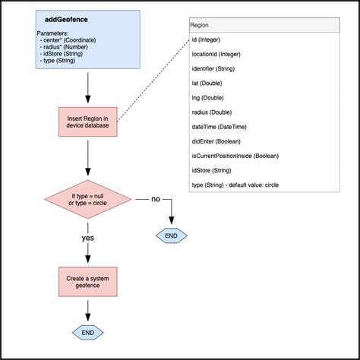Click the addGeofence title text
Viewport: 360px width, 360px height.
[66, 20]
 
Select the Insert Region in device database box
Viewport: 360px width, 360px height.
[88, 122]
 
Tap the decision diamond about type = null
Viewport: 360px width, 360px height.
[88, 199]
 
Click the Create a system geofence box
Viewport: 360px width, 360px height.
[88, 282]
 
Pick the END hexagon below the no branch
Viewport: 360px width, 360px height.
[172, 235]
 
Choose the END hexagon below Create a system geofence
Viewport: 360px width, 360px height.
[88, 333]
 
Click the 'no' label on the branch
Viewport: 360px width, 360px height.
[156, 199]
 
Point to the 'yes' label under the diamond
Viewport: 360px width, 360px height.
[88, 238]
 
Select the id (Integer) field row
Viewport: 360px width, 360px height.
[206, 39]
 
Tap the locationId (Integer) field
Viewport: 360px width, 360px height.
[216, 54]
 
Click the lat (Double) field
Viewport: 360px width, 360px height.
[207, 84]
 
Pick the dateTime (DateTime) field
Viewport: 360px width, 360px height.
[219, 127]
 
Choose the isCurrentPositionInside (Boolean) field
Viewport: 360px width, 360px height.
[235, 156]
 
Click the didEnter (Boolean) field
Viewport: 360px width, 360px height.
[216, 141]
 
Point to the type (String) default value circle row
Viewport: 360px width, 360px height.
[235, 185]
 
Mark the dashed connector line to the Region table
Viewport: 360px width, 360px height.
[153, 81]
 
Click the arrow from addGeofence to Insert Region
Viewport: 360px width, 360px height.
[88, 87]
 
